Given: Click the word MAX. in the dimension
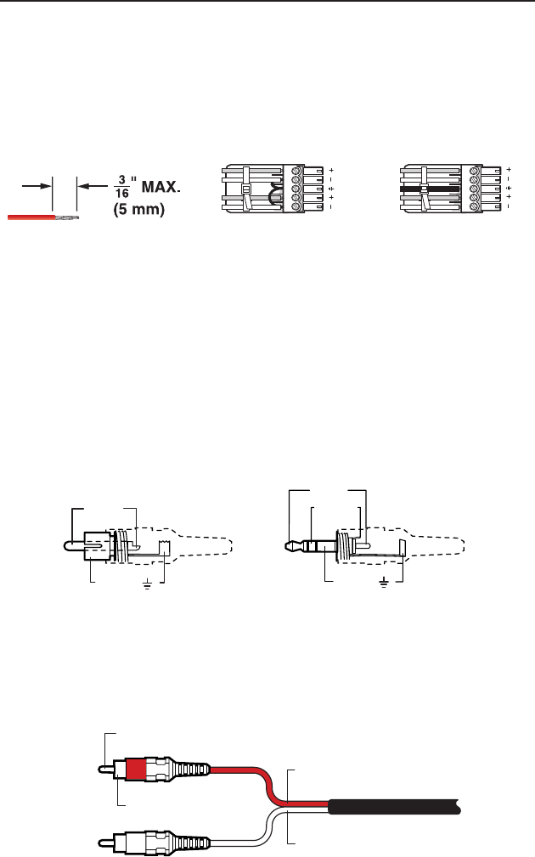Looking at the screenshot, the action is click(x=160, y=187).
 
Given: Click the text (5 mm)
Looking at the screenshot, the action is click(x=138, y=210).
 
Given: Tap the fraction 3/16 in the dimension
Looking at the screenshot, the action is click(x=122, y=187).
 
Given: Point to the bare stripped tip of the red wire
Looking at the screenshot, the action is click(x=67, y=217).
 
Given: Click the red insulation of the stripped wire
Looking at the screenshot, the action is click(x=31, y=217).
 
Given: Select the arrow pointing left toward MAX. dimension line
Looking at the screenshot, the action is click(x=93, y=186).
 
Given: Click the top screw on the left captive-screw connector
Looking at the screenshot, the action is click(x=297, y=171).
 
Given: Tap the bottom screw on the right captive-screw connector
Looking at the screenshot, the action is click(x=475, y=206).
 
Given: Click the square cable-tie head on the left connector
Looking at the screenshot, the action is click(x=246, y=189).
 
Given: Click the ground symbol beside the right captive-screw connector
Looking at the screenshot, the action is click(x=509, y=188).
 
